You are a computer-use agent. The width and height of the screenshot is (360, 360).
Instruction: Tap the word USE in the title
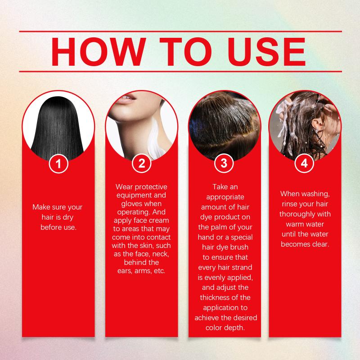tap(266, 52)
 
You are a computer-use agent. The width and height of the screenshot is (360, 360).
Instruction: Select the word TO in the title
tap(186, 52)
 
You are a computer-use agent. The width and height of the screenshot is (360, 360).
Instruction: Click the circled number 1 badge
tap(58, 164)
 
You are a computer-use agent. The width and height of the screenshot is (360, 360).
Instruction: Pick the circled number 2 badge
tap(142, 163)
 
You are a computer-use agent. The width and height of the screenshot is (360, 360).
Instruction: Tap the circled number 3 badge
tap(224, 163)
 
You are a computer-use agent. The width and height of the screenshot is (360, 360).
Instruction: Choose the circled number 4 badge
tap(305, 163)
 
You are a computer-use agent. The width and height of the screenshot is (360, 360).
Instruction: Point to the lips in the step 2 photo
tap(126, 99)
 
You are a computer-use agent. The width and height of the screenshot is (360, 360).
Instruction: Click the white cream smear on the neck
tap(156, 137)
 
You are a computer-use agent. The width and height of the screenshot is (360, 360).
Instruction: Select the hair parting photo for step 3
tap(225, 125)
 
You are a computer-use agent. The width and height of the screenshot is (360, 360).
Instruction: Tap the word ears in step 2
tap(125, 271)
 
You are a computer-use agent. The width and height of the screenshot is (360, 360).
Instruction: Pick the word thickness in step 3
tap(215, 297)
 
